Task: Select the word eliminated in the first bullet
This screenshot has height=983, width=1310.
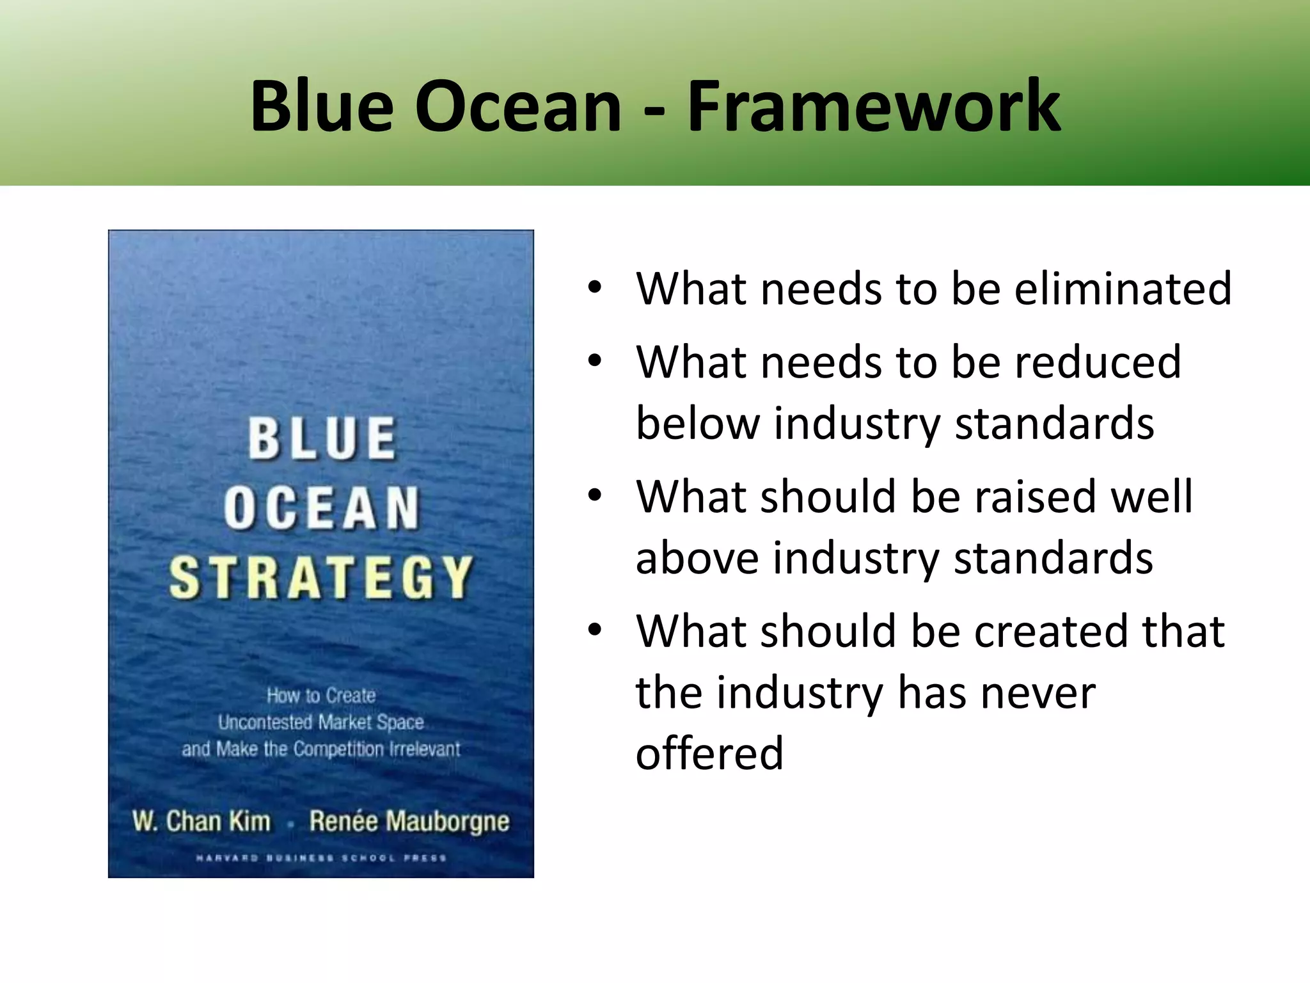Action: tap(1123, 289)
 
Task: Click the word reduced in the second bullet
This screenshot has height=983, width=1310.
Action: tap(1098, 363)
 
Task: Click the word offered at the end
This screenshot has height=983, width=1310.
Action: tap(709, 754)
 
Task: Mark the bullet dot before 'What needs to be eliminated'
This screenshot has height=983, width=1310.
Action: tap(595, 289)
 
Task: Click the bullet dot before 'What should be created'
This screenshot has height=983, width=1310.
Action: tap(595, 632)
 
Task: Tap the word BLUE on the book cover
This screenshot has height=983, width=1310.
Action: tap(322, 439)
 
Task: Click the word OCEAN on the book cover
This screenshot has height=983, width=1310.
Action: tap(322, 509)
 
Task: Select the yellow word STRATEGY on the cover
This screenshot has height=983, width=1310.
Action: tap(322, 578)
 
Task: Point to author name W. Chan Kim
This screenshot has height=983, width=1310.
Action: tap(201, 822)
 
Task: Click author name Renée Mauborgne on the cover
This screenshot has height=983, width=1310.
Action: tap(409, 822)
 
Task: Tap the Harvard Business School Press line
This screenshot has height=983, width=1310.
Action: tap(321, 858)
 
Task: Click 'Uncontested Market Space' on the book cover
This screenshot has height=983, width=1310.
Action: tap(321, 723)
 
